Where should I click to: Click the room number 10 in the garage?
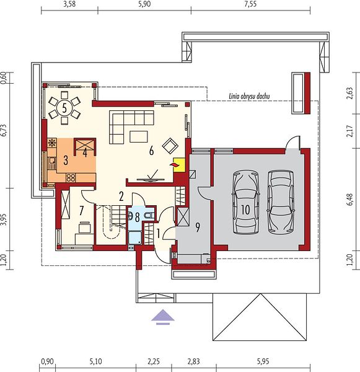[245, 210]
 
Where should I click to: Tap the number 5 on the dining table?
[64, 108]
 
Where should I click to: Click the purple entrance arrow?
[163, 317]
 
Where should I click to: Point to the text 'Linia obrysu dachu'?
[249, 96]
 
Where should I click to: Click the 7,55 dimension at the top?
[250, 4]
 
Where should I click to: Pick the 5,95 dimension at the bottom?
[263, 361]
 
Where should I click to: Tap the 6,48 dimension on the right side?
[351, 200]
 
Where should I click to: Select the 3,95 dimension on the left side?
[5, 219]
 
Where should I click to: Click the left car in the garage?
[245, 202]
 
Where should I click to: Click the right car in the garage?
[281, 201]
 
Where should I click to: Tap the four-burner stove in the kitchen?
[71, 178]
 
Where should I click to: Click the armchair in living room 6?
[170, 146]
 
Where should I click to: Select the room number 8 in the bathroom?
[137, 218]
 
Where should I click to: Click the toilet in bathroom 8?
[150, 216]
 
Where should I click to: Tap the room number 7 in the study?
[81, 210]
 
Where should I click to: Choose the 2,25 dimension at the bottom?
[154, 361]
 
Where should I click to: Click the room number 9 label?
[197, 228]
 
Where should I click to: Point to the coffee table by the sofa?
[139, 136]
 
